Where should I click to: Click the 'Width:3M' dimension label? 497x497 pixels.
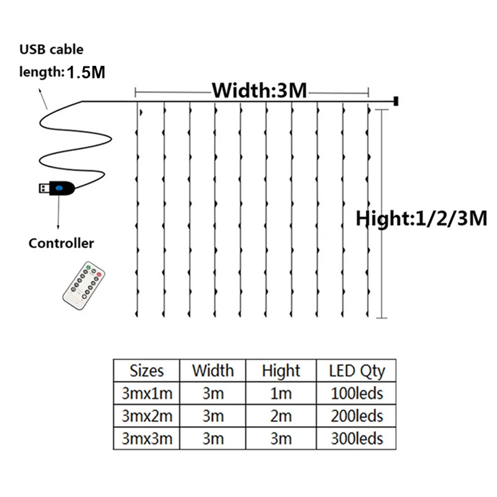click(x=259, y=90)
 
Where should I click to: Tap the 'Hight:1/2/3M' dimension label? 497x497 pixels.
click(x=421, y=219)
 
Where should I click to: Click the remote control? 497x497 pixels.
click(x=84, y=285)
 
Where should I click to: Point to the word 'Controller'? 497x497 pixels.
click(x=61, y=244)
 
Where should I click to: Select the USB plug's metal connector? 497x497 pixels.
click(x=44, y=188)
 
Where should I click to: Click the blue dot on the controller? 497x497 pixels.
click(x=59, y=188)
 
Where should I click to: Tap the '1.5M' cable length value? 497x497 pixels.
click(x=86, y=72)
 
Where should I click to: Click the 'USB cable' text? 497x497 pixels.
click(x=52, y=50)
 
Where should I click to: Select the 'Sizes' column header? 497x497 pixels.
click(x=147, y=371)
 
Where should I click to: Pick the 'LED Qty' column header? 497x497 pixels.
click(x=357, y=371)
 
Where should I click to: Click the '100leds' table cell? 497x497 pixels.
click(x=357, y=393)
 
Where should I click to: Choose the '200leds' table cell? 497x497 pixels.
click(x=357, y=416)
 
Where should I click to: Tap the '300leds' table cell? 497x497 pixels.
click(x=357, y=439)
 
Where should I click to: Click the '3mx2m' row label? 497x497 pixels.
click(x=147, y=416)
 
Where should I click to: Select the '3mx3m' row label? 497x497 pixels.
click(x=147, y=439)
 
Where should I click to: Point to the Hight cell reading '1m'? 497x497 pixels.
click(x=281, y=393)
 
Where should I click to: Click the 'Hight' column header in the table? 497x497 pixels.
click(x=281, y=371)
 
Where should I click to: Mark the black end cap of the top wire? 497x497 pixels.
click(x=396, y=101)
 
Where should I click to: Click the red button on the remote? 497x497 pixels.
click(x=99, y=275)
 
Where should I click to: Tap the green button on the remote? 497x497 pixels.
click(x=88, y=268)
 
